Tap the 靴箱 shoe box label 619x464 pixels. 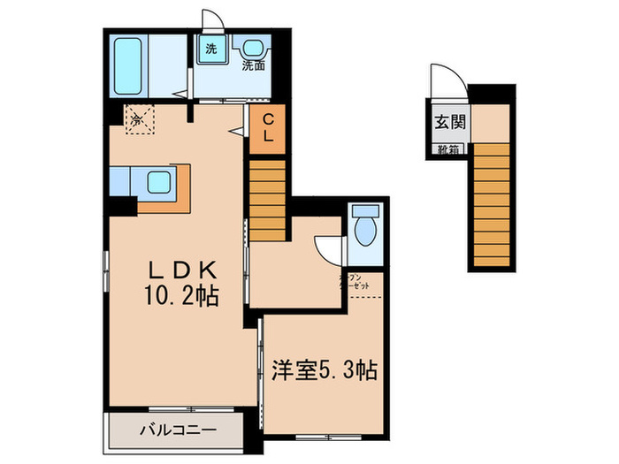pos(448,150)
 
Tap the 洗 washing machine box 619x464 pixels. pos(211,49)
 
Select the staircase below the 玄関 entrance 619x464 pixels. pos(491,203)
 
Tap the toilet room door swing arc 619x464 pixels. pos(330,249)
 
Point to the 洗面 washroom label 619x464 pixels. pos(256,65)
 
